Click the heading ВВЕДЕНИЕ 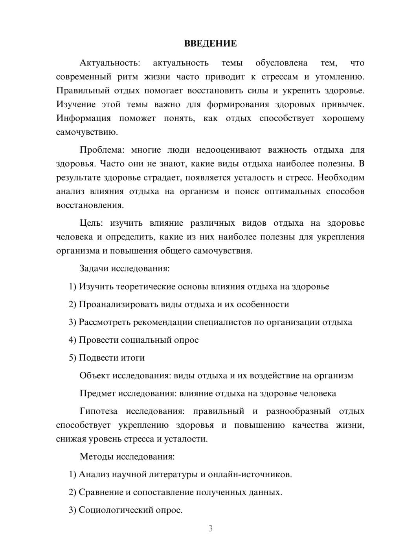pos(210,44)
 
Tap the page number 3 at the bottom pos(210,528)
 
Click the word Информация pos(83,119)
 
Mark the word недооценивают pos(228,150)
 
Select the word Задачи pos(94,269)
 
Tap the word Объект pos(95,376)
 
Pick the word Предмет pos(97,394)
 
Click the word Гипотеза pos(99,412)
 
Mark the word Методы pos(95,457)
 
